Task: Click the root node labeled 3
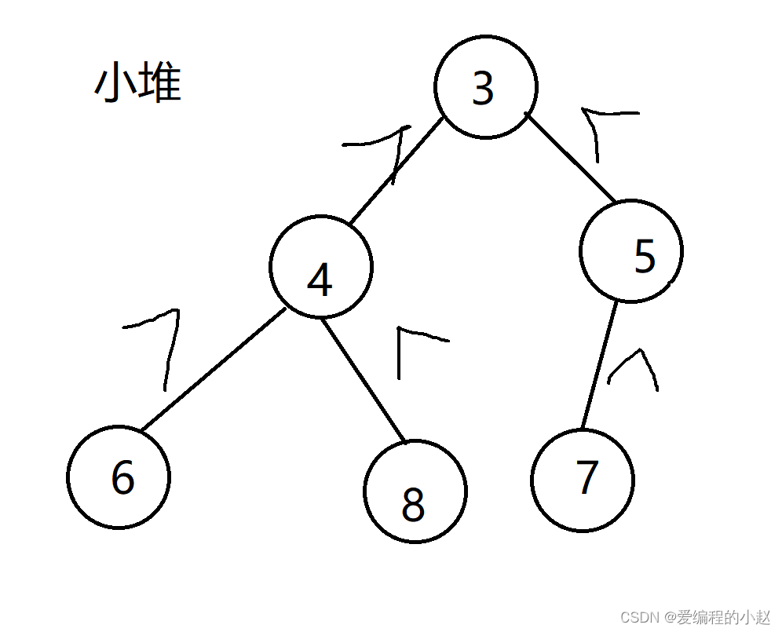coord(486,87)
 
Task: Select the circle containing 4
coord(321,266)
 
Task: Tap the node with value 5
coord(631,250)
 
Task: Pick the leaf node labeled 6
coord(119,477)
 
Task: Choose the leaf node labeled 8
coord(415,491)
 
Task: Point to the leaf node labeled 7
coord(583,480)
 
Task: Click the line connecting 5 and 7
coord(598,365)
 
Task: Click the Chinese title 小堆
coord(137,84)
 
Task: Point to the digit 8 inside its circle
coord(413,506)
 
